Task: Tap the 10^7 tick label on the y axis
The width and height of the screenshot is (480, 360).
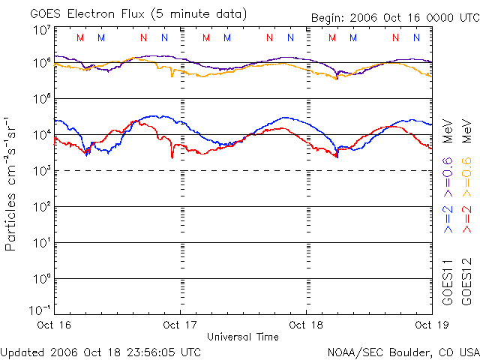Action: point(41,31)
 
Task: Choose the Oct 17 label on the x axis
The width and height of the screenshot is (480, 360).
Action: point(180,325)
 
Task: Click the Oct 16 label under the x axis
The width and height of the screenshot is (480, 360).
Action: point(54,325)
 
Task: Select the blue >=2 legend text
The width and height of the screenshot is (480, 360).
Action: point(448,217)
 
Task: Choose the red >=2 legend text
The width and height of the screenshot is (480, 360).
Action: point(466,217)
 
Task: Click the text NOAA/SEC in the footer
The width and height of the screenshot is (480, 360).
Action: point(352,351)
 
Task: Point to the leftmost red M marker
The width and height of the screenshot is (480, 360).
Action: point(81,37)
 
